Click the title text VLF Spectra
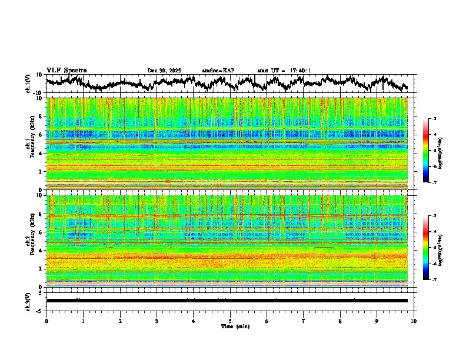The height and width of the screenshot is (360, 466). [66, 71]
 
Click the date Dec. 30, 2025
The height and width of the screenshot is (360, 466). [165, 71]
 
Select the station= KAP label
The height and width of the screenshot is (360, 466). [218, 71]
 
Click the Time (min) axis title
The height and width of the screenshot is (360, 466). [235, 326]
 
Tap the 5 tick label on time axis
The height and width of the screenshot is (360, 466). [230, 321]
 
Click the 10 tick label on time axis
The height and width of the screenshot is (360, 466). [414, 321]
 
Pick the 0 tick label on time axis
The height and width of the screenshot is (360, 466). [46, 321]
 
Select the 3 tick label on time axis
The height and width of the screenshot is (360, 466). [157, 321]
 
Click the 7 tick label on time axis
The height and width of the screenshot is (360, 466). [304, 321]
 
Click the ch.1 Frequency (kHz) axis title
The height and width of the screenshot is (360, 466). [30, 144]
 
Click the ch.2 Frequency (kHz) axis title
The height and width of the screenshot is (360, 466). [30, 241]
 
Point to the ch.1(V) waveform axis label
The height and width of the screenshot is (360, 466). [28, 84]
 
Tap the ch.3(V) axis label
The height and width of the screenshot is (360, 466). [28, 301]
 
